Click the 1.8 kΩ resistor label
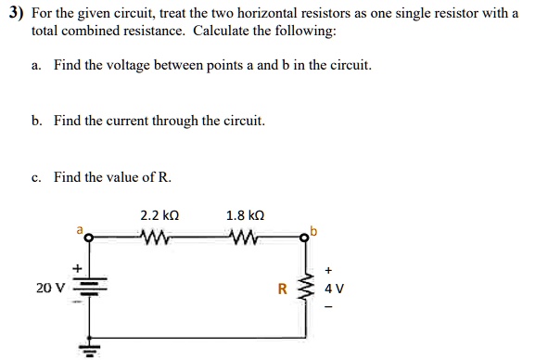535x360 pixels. pos(245,215)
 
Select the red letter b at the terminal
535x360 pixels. pos(316,228)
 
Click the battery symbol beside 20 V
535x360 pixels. pos(90,289)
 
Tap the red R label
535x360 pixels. pos(283,288)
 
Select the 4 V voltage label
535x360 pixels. pos(334,288)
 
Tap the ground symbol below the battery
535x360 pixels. pos(90,349)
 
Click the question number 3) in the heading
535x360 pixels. pos(14,15)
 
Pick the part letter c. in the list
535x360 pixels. pos(36,176)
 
